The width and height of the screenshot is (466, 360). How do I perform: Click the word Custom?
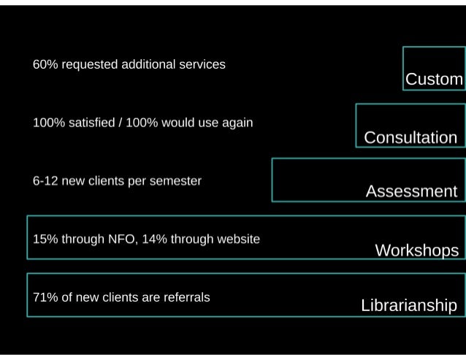coord(434,79)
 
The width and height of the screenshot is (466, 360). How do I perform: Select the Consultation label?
coord(410,137)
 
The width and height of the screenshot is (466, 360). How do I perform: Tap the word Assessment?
coord(411,191)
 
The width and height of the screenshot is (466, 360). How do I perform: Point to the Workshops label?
coord(416,250)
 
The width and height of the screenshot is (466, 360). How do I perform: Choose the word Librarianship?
coord(409,305)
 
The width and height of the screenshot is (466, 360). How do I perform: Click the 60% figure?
coord(45,64)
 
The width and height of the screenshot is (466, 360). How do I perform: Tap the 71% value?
coord(45,297)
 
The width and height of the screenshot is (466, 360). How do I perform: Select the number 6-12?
coord(45,180)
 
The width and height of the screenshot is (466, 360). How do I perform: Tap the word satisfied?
coord(86,122)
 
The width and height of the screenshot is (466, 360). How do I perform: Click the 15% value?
coord(45,239)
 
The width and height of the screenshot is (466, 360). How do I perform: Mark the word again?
coord(235,123)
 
